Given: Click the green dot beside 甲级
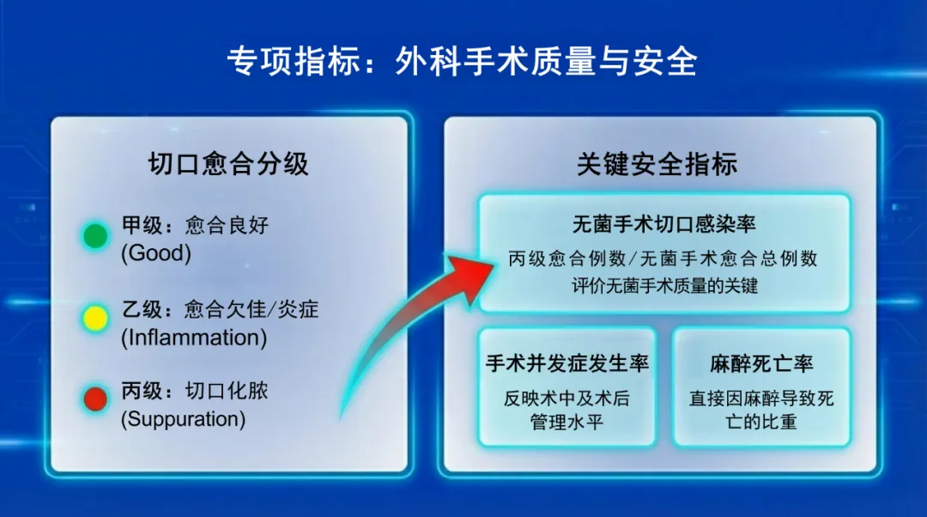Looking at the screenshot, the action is (x=95, y=236).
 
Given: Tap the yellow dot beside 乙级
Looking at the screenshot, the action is (x=95, y=318).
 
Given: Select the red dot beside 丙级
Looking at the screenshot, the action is (x=95, y=398).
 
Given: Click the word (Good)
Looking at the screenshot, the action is (x=156, y=253).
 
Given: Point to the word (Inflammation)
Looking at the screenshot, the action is (x=194, y=338).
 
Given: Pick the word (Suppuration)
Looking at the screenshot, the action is (x=184, y=419).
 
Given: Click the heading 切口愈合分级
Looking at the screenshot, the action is (x=228, y=164).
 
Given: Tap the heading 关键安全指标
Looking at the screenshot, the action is (x=657, y=164).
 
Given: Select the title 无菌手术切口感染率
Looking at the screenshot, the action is (x=663, y=224).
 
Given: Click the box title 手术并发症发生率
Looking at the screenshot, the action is (x=567, y=363).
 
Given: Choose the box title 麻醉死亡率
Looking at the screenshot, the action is (x=761, y=363).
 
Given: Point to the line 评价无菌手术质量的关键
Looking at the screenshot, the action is (x=664, y=286).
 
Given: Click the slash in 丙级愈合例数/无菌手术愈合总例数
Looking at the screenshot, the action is (x=633, y=258).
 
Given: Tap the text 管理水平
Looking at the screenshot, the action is (x=566, y=422).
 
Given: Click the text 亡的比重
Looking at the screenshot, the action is (x=761, y=422).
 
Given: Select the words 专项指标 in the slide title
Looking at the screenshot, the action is (x=294, y=61).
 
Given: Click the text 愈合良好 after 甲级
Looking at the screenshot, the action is (x=227, y=225).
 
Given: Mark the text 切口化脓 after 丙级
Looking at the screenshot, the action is (x=227, y=391).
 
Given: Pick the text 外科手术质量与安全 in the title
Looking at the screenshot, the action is (x=546, y=61).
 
